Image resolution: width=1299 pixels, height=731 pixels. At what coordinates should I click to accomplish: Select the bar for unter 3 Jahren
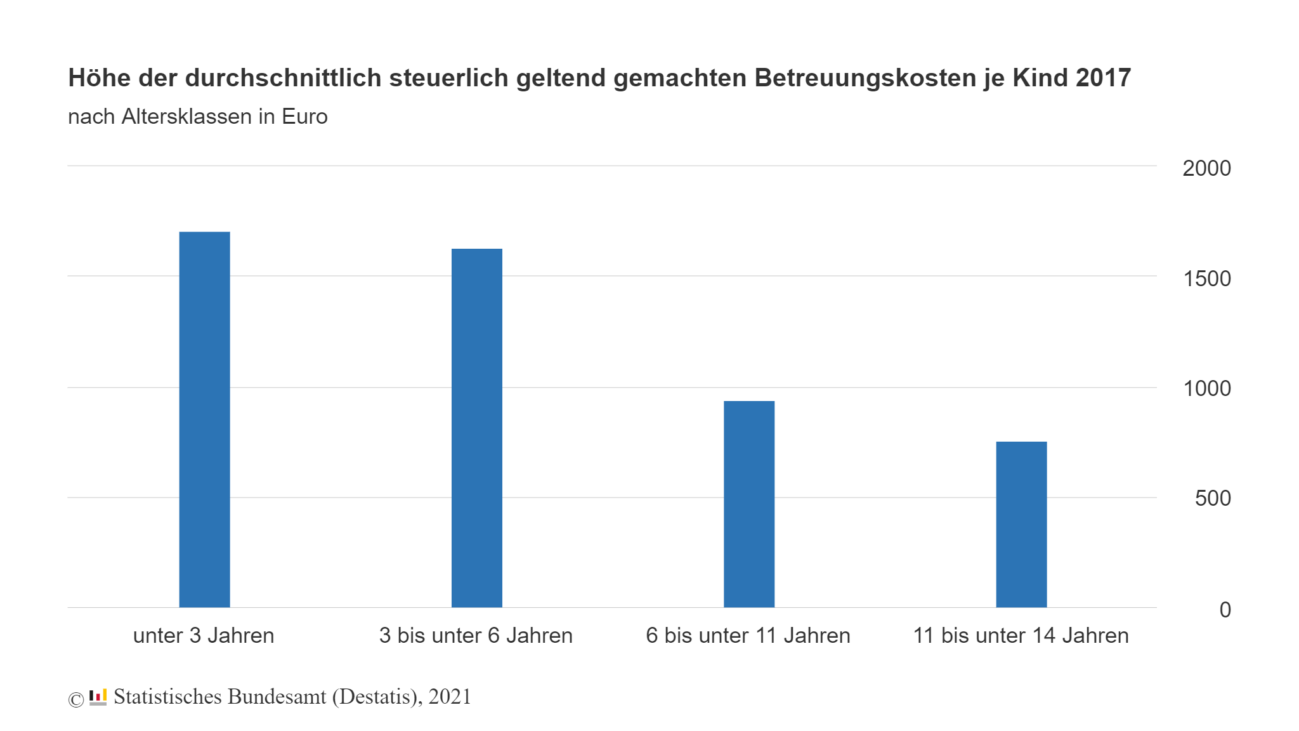tap(204, 419)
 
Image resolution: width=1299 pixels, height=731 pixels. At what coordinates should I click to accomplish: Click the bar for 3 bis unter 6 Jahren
tap(476, 428)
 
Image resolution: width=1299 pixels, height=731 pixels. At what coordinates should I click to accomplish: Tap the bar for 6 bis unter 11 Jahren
tap(748, 504)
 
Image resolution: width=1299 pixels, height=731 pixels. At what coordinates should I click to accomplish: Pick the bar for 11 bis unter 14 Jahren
tap(1021, 524)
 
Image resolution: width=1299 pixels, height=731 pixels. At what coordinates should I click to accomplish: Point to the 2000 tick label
tap(1206, 168)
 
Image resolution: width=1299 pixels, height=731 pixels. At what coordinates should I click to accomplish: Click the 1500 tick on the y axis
tap(1206, 279)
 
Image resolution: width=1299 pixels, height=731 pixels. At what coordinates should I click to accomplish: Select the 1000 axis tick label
tap(1206, 388)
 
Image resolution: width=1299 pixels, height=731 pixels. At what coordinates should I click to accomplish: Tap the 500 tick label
tap(1212, 498)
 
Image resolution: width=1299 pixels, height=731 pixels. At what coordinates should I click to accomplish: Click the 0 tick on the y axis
tap(1224, 610)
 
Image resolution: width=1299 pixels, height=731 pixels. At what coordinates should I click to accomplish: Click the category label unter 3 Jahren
tap(204, 635)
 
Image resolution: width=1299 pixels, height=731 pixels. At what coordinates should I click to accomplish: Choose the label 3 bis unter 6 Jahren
tap(476, 635)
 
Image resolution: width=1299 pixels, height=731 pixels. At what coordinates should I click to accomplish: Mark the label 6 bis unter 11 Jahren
tap(748, 635)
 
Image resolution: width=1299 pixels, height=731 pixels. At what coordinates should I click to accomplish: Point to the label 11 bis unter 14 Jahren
tap(1021, 635)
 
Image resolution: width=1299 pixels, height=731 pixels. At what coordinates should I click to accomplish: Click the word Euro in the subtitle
tap(304, 117)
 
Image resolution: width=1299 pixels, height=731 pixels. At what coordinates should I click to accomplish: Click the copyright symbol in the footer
tap(76, 699)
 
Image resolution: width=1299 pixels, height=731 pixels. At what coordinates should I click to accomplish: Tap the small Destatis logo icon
tap(98, 697)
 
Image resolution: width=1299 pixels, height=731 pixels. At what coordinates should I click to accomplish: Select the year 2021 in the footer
tap(450, 697)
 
